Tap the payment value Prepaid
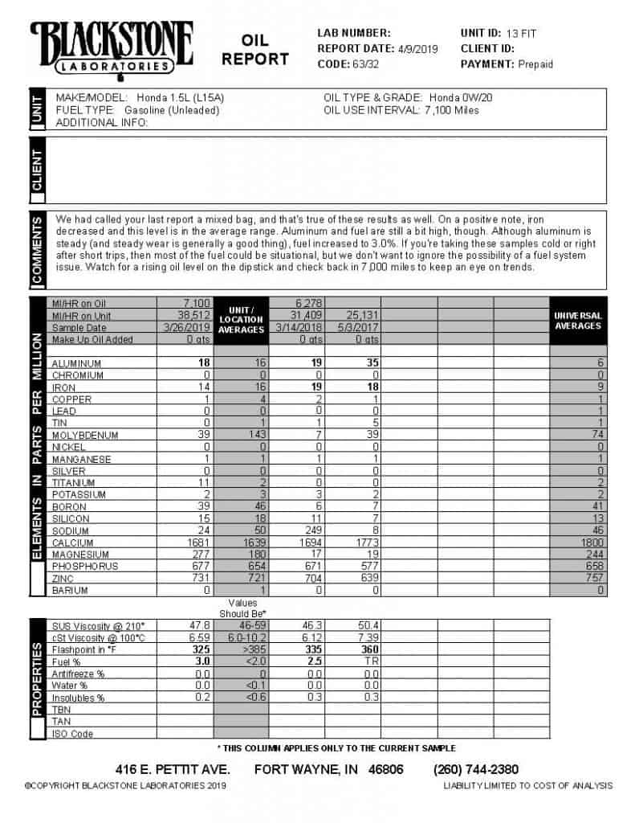click(535, 64)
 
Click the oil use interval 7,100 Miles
click(451, 110)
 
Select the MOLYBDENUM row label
click(85, 436)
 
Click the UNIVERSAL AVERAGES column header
click(578, 321)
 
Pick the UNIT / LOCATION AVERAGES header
click(242, 319)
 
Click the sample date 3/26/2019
click(187, 328)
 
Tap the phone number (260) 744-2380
click(475, 769)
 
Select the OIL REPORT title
click(255, 50)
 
